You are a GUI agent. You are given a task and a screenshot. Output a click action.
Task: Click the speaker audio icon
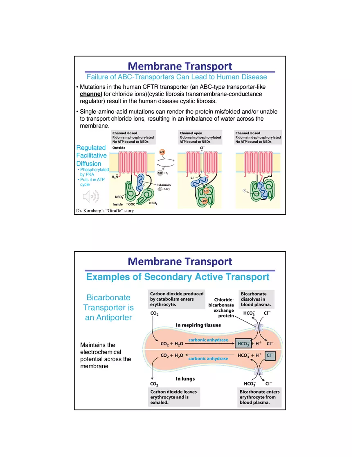point(90,197)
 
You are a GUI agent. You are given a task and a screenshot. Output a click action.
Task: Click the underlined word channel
point(91,94)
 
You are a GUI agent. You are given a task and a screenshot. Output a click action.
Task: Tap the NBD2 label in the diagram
point(153,203)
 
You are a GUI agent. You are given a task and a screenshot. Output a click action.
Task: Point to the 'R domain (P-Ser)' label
point(163,187)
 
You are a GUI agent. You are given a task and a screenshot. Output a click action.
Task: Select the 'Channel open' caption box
point(200,137)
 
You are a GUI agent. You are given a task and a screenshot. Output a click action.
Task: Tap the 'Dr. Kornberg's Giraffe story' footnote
point(105,211)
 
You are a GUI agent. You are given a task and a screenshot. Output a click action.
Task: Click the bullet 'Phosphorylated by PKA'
point(94,172)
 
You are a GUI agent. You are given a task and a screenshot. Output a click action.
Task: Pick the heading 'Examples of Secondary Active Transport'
point(178,277)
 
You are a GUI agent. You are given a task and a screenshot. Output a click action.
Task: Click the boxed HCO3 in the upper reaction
point(243,344)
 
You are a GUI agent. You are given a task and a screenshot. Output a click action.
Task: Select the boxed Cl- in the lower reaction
point(270,356)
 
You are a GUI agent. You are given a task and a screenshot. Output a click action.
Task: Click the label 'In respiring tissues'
point(198,325)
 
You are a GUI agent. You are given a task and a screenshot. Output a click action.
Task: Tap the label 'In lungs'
point(185,379)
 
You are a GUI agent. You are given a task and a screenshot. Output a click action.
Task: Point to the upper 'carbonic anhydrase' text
point(208,340)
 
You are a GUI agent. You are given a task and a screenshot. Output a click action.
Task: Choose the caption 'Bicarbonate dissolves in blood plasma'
point(256,299)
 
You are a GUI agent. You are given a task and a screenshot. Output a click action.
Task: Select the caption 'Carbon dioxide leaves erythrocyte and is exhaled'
point(174,397)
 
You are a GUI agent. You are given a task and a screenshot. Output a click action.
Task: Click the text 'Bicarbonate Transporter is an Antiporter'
point(108,307)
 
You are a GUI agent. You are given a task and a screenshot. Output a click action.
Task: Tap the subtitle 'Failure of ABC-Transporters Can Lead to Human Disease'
point(177,77)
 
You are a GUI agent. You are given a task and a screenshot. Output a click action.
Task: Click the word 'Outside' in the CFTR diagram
point(119,148)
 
